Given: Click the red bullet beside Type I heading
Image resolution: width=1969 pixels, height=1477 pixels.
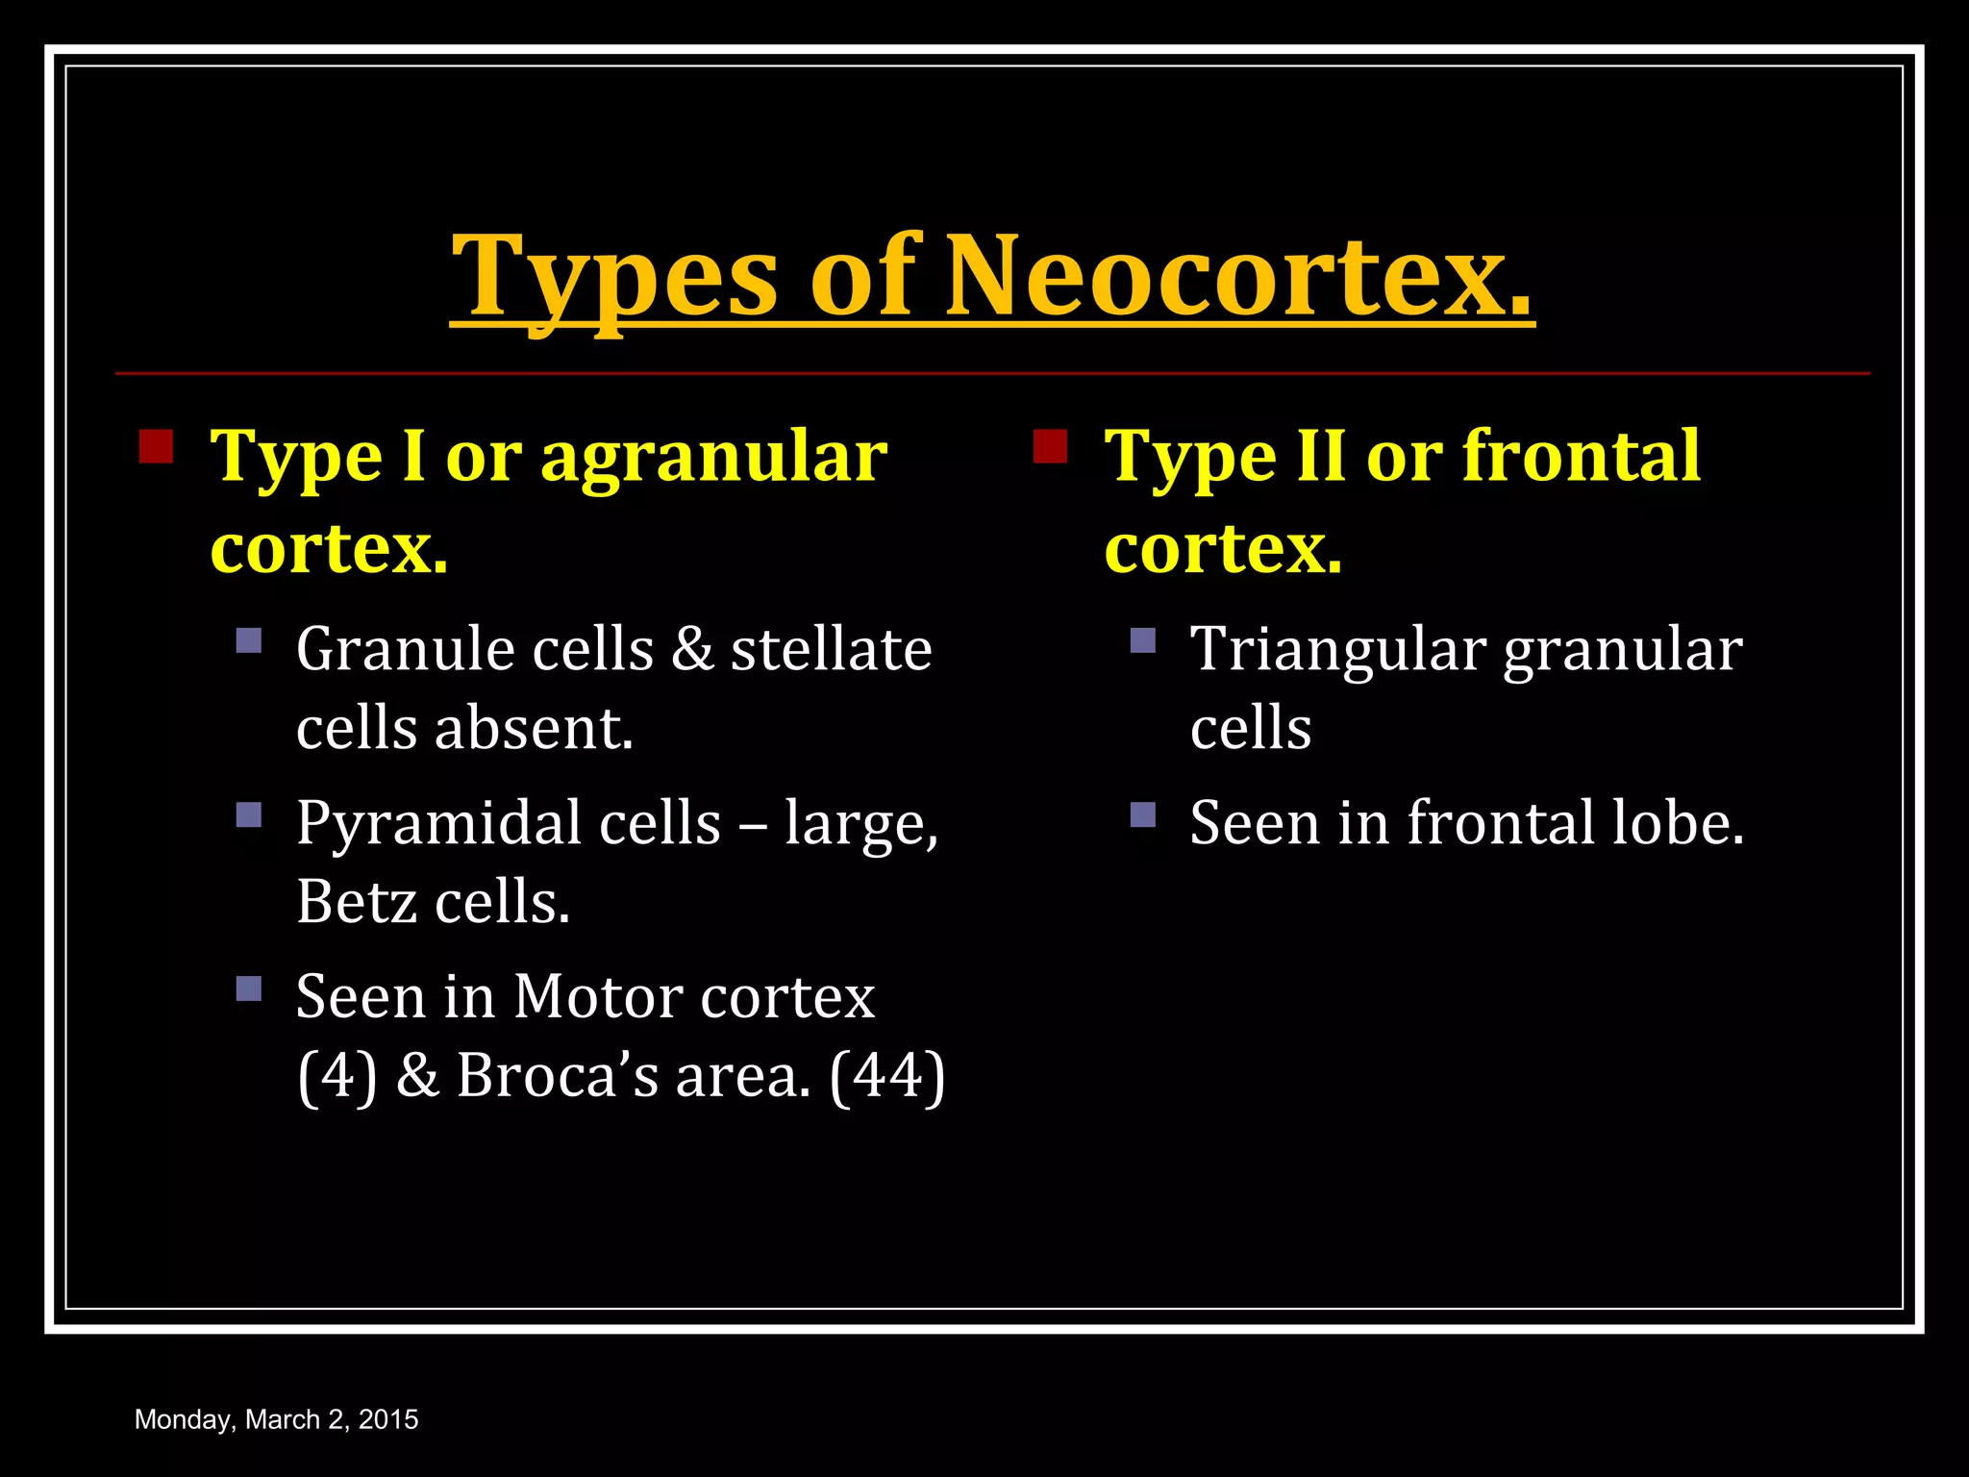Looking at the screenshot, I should pos(156,447).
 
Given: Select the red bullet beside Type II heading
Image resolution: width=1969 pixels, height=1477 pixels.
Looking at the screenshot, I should pos(1050,447).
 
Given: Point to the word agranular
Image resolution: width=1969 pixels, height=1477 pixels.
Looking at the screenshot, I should pos(713,458).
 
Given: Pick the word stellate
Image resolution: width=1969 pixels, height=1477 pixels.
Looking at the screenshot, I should pos(831,649).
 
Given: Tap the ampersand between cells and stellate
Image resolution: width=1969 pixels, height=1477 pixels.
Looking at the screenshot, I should pos(692,649).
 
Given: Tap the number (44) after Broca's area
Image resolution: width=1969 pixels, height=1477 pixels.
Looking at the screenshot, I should pos(886,1076).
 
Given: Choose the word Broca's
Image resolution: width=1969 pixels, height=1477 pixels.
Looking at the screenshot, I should pos(558,1076).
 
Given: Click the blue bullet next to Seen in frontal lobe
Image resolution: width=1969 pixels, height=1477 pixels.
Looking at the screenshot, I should pos(1143,815).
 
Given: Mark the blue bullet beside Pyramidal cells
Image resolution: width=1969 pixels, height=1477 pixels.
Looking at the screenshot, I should pos(249,815).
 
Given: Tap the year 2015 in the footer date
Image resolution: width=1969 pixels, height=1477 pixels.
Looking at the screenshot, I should pos(388,1419).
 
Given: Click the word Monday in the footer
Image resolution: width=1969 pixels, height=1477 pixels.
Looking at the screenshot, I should pos(184,1420).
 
